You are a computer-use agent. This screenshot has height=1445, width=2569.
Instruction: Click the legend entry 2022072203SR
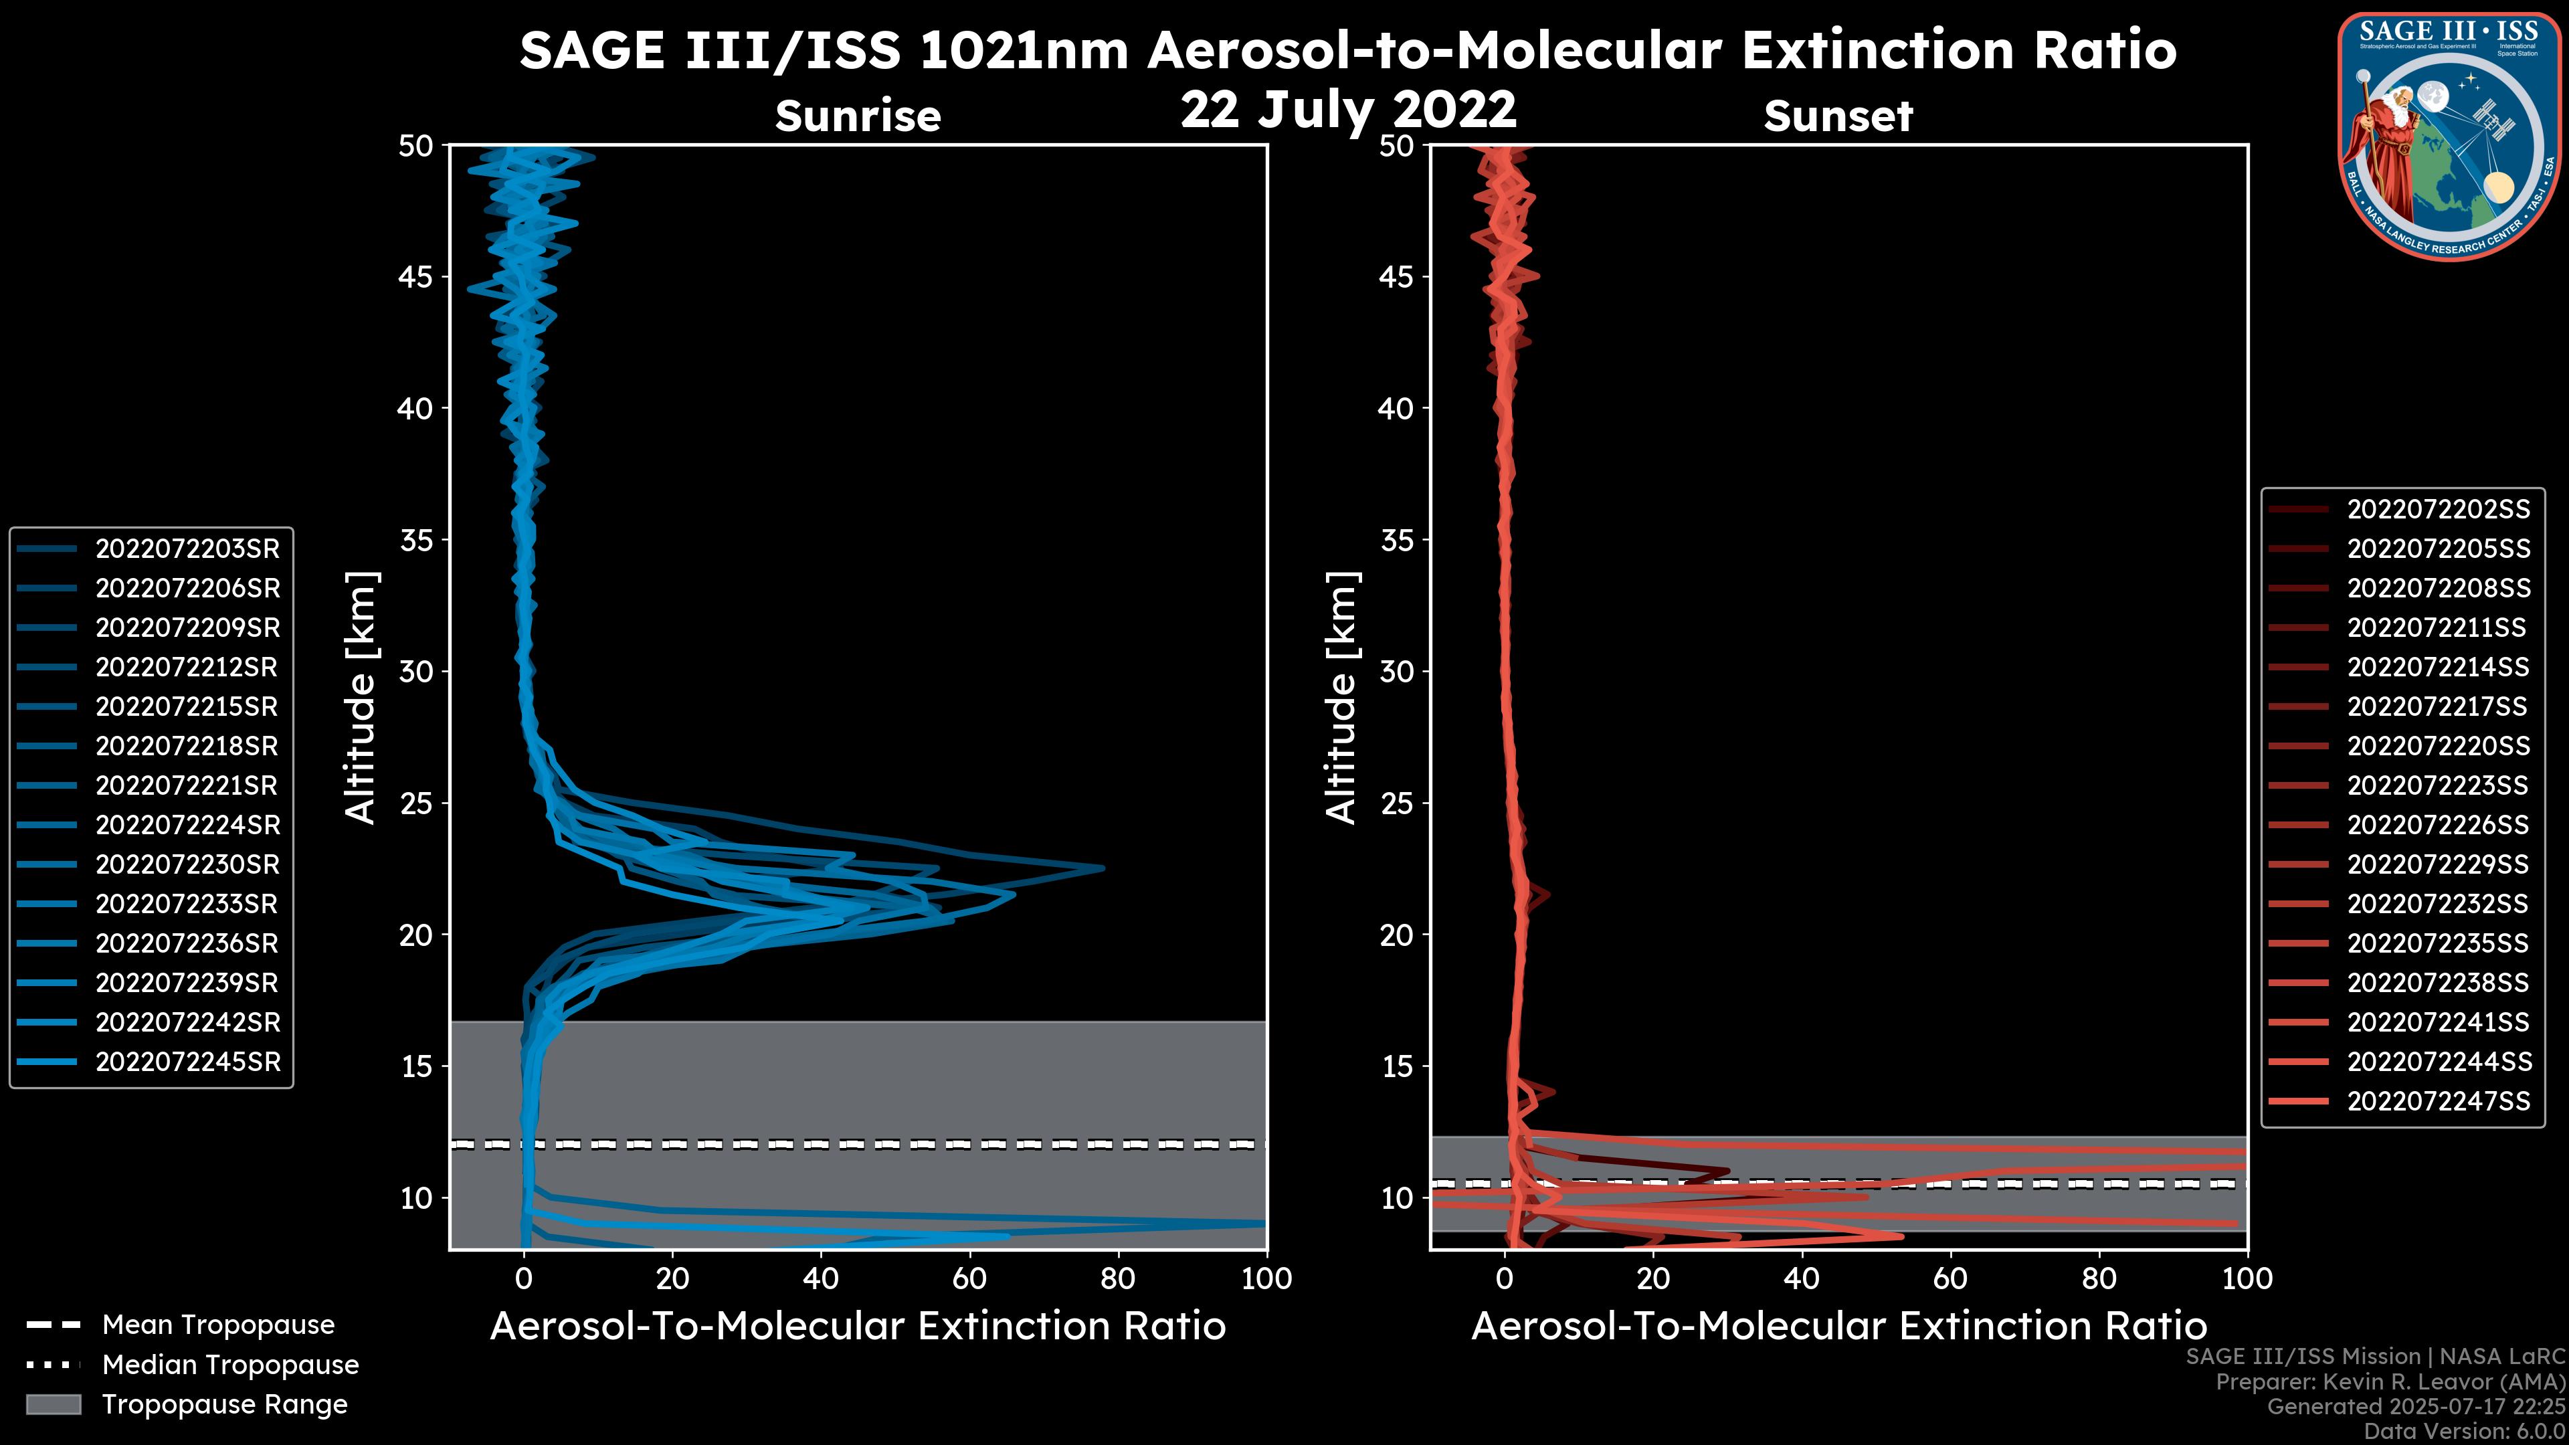pyautogui.click(x=187, y=549)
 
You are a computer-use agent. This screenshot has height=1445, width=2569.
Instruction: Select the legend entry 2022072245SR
pyautogui.click(x=187, y=1062)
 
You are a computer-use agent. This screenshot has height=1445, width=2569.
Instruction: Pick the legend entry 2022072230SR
pyautogui.click(x=187, y=864)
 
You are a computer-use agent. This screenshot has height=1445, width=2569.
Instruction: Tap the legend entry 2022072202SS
pyautogui.click(x=2439, y=510)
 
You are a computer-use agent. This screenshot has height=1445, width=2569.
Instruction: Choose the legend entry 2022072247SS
pyautogui.click(x=2439, y=1101)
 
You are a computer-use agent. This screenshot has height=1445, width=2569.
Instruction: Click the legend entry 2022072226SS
pyautogui.click(x=2439, y=825)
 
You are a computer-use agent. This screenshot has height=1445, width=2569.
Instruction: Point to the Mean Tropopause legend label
pyautogui.click(x=218, y=1325)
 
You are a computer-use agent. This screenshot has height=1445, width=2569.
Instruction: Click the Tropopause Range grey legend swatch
pyautogui.click(x=53, y=1404)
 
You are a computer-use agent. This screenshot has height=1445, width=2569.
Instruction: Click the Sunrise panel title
pyautogui.click(x=858, y=116)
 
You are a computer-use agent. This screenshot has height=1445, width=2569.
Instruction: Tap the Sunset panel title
pyautogui.click(x=1838, y=116)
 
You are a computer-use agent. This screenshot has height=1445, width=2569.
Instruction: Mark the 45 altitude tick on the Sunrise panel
pyautogui.click(x=416, y=276)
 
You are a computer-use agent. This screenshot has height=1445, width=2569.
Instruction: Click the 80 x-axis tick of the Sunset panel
pyautogui.click(x=2099, y=1278)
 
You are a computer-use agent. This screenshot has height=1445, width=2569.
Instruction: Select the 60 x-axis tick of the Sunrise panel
pyautogui.click(x=969, y=1278)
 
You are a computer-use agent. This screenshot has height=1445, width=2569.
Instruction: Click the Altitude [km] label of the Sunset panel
pyautogui.click(x=1341, y=698)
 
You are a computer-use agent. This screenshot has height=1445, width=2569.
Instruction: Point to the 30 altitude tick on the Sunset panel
pyautogui.click(x=1397, y=671)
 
